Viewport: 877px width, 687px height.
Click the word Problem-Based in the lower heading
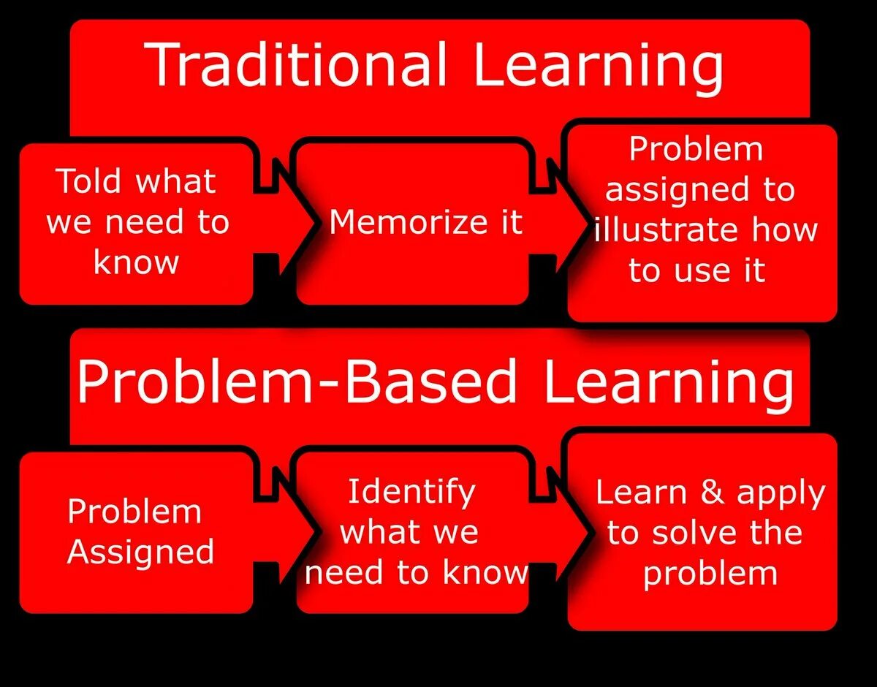coord(297,382)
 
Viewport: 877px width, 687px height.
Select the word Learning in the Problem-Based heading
coord(668,383)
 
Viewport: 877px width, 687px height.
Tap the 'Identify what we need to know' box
coord(413,532)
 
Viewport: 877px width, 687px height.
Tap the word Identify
coord(411,491)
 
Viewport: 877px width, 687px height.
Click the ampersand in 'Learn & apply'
coord(712,491)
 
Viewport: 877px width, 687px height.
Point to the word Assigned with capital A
coord(140,552)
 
